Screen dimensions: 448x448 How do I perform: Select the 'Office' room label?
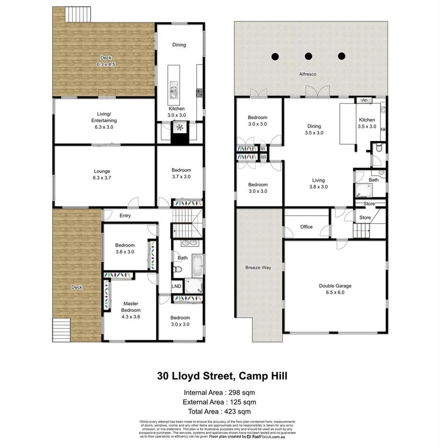[x=306, y=227]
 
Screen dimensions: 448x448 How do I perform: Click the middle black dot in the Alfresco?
[x=308, y=56]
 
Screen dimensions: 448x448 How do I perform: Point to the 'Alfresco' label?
[x=308, y=75]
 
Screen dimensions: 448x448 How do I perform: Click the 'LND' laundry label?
[x=176, y=286]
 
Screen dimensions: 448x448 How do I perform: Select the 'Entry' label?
[x=125, y=216]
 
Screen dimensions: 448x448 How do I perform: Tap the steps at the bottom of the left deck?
[x=61, y=330]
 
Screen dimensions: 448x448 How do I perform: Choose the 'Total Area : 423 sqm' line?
[x=224, y=411]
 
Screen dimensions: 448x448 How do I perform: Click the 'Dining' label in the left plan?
[x=179, y=45]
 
